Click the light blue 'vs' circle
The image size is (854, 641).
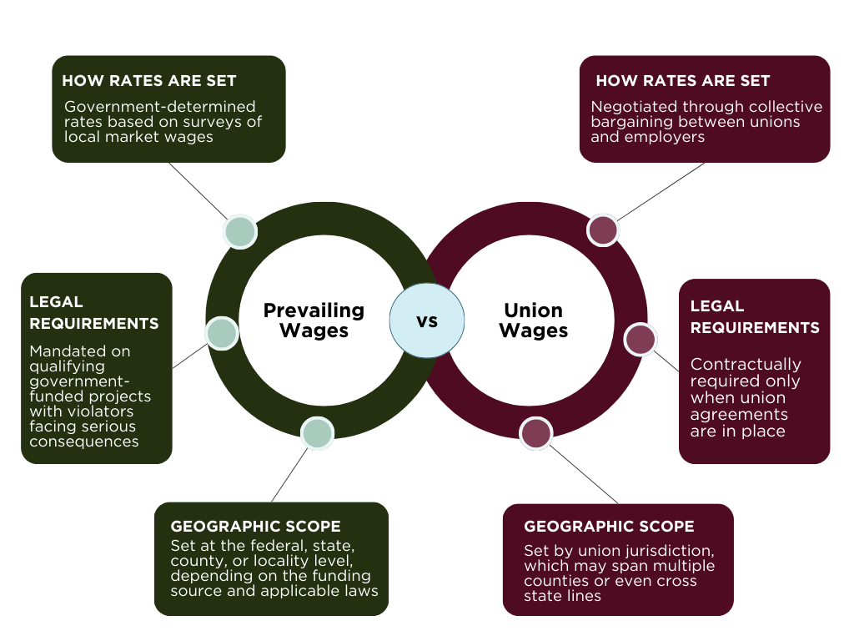pos(427,320)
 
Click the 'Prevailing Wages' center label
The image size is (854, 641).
pos(314,320)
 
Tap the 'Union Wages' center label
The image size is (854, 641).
pos(533,320)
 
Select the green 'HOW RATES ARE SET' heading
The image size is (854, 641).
pos(149,81)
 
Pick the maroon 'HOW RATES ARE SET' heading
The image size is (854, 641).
pos(683,81)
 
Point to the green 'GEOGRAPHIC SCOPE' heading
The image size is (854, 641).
pos(255,526)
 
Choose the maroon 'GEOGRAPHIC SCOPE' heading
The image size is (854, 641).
pos(609,526)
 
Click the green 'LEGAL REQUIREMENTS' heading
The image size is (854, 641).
pos(94,313)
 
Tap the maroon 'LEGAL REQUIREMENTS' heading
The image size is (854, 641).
pos(755,316)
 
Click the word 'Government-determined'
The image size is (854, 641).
pos(159,106)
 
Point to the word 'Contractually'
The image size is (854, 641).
pos(746,364)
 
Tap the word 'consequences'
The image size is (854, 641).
pos(84,442)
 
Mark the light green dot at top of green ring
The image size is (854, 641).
pos(240,232)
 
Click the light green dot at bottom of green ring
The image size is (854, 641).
pos(317,433)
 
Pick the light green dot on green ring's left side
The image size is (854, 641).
pos(222,333)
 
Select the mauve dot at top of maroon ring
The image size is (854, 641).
pos(603,230)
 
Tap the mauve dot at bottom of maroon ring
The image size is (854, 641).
pos(536,433)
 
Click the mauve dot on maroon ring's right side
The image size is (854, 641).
pos(640,339)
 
